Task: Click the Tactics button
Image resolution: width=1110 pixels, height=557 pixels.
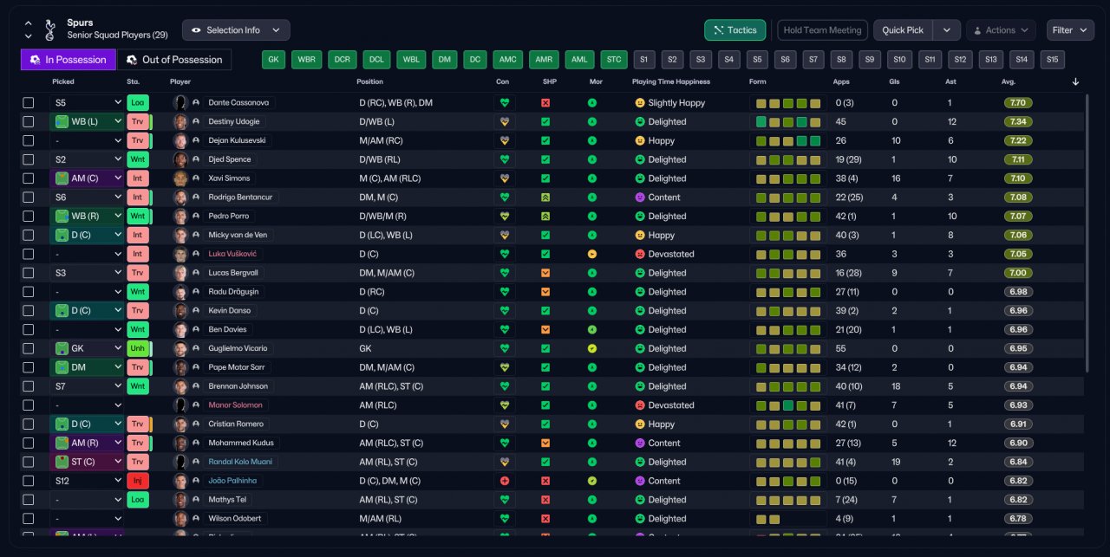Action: pos(735,30)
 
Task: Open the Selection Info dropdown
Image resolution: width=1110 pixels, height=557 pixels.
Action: pos(235,30)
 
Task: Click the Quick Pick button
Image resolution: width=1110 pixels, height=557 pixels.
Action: pos(903,30)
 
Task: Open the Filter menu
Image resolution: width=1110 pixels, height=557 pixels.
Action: pos(1070,30)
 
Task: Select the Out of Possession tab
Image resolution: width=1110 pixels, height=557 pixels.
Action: pos(174,60)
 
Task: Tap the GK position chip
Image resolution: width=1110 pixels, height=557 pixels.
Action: pos(273,60)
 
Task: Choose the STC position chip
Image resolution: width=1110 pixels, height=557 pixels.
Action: pos(614,60)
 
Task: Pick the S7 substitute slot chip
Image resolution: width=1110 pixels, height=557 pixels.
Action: pos(813,60)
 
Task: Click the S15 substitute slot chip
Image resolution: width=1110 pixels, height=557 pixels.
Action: pos(1052,60)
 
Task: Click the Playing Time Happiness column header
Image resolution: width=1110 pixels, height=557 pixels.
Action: pos(670,81)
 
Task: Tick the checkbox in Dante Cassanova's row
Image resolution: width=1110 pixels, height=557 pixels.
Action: pos(29,102)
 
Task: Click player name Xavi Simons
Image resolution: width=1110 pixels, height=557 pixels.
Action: pos(229,178)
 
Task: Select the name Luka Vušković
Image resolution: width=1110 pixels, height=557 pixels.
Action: pos(232,254)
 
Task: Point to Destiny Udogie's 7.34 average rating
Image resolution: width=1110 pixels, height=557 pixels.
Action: pos(1018,121)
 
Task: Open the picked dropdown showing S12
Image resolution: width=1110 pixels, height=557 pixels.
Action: pos(87,481)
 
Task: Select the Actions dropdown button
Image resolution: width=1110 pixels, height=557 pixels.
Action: pos(1001,30)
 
